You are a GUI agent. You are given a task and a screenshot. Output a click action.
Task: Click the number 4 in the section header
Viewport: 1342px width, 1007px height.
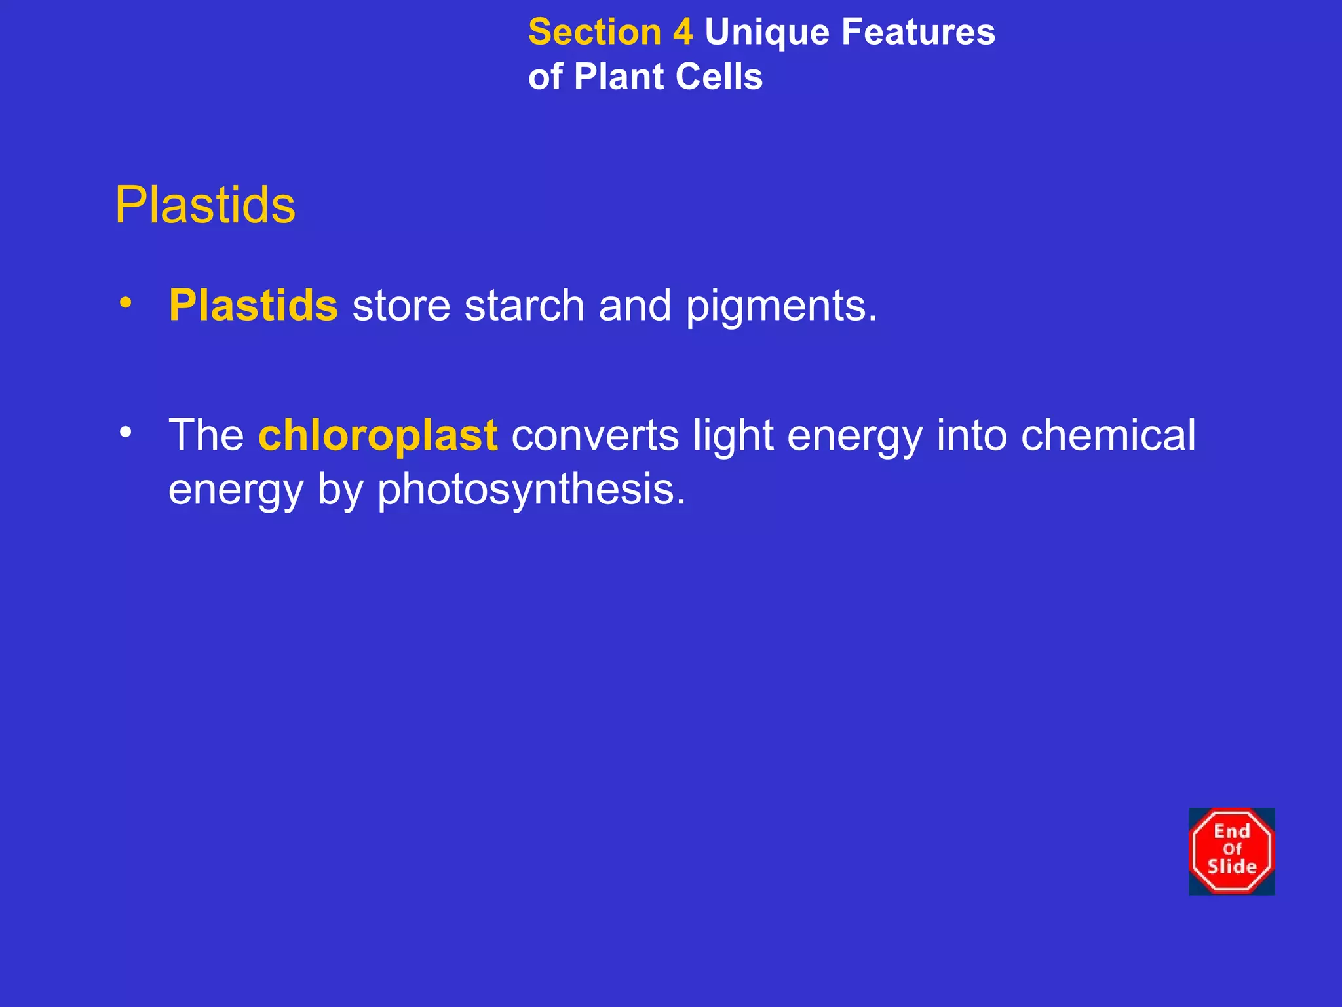(x=682, y=32)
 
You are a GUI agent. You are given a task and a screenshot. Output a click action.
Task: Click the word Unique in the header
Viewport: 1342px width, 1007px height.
(x=765, y=33)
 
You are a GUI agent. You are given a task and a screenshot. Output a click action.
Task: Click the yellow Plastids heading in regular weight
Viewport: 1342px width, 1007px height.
(x=205, y=205)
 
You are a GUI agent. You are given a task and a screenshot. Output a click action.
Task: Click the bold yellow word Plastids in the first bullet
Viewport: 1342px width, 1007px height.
(x=254, y=306)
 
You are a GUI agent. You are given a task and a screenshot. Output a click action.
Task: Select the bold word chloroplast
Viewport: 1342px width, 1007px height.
(x=378, y=435)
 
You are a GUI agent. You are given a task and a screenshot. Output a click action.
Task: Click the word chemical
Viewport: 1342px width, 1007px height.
(x=1108, y=435)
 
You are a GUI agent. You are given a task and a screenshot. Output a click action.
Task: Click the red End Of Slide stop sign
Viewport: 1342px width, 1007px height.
(x=1231, y=851)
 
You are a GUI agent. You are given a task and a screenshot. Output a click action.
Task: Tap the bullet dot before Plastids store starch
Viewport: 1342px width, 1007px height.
(x=125, y=303)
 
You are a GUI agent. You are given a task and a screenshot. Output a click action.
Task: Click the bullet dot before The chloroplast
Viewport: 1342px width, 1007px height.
(x=125, y=433)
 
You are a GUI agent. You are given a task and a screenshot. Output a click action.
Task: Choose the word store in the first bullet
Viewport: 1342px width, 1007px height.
(x=401, y=306)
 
